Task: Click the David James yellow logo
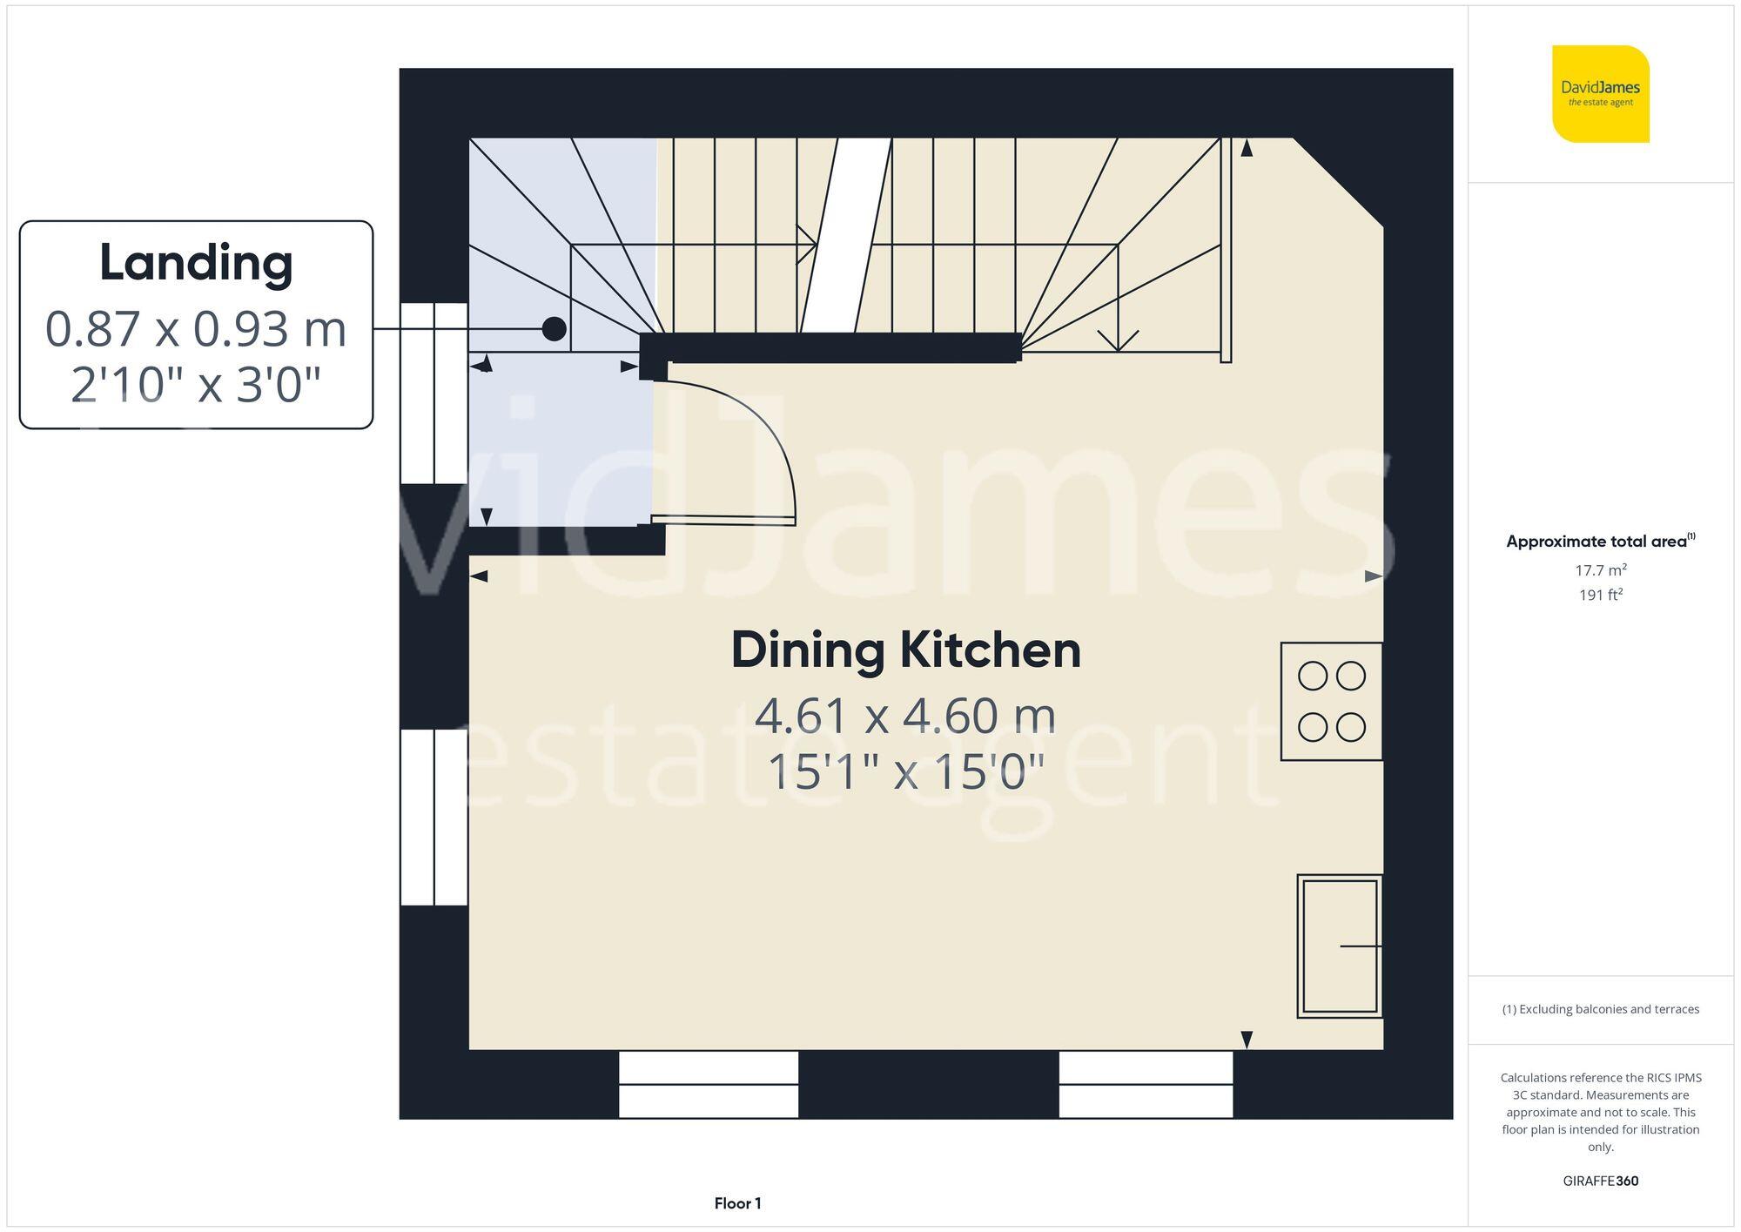pyautogui.click(x=1600, y=94)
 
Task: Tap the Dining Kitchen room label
pyautogui.click(x=905, y=650)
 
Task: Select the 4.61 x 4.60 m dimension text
pyautogui.click(x=905, y=716)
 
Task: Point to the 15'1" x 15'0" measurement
pyautogui.click(x=905, y=771)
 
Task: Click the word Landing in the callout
pyautogui.click(x=196, y=263)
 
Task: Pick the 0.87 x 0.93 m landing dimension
pyautogui.click(x=196, y=329)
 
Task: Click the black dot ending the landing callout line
pyautogui.click(x=555, y=329)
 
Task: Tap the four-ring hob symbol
pyautogui.click(x=1331, y=701)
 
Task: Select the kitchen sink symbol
pyautogui.click(x=1340, y=946)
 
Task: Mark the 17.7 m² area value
pyautogui.click(x=1600, y=570)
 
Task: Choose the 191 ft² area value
pyautogui.click(x=1600, y=595)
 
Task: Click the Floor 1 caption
pyautogui.click(x=737, y=1203)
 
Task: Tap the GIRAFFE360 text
pyautogui.click(x=1600, y=1181)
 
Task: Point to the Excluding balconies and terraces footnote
pyautogui.click(x=1600, y=1009)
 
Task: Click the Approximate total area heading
pyautogui.click(x=1600, y=541)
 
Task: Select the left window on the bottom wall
pyautogui.click(x=709, y=1084)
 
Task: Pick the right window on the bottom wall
pyautogui.click(x=1146, y=1084)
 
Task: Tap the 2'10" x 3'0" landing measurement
pyautogui.click(x=196, y=385)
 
